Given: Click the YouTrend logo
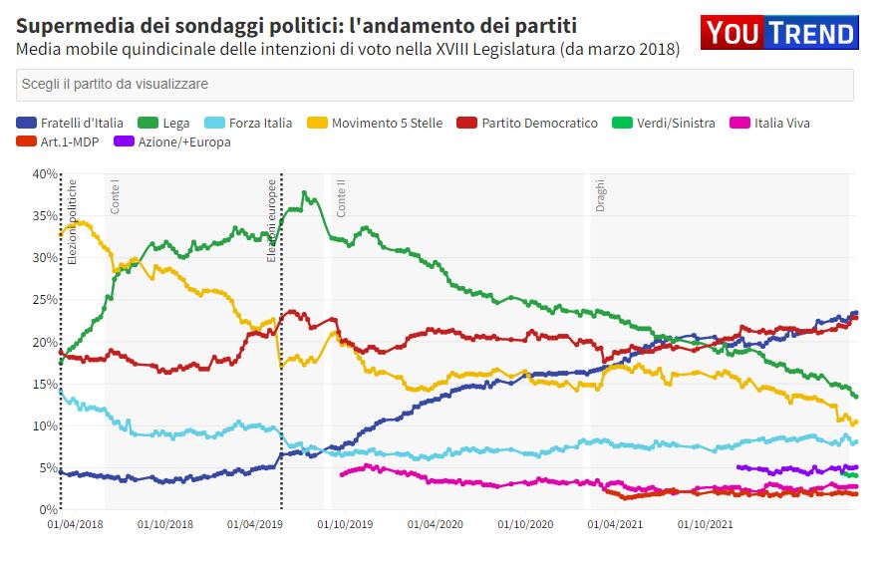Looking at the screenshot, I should pyautogui.click(x=778, y=33).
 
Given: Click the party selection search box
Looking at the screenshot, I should pyautogui.click(x=435, y=85).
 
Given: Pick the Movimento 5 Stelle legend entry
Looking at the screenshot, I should pyautogui.click(x=378, y=123).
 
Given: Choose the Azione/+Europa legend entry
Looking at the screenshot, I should pyautogui.click(x=172, y=141).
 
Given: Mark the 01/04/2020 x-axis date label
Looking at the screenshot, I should pyautogui.click(x=437, y=523).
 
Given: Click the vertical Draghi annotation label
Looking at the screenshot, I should pyautogui.click(x=601, y=195).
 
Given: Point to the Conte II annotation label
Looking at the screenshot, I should pyautogui.click(x=342, y=199).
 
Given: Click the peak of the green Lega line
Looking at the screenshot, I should pyautogui.click(x=304, y=192).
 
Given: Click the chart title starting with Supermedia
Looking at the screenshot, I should pyautogui.click(x=296, y=25).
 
